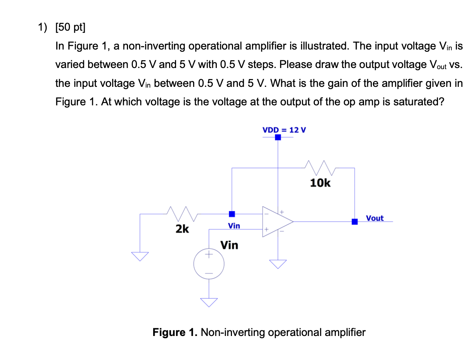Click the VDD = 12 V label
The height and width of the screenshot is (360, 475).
pos(284,130)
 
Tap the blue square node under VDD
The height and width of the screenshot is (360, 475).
pos(278,137)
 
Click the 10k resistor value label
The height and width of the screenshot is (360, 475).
pos(320,183)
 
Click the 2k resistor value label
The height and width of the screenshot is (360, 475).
pos(182,229)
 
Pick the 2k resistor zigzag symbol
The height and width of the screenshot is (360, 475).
pos(182,213)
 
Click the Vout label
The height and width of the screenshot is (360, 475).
pos(374,218)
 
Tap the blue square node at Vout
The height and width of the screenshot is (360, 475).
pos(354,222)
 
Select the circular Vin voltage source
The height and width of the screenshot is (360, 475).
pos(209,264)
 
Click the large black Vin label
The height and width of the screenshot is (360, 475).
pos(229,245)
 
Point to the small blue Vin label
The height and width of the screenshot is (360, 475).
pos(234,225)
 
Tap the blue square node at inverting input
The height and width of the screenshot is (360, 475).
pos(232,214)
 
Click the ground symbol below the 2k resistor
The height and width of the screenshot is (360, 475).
pos(140,256)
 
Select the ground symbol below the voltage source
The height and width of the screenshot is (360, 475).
pos(209,302)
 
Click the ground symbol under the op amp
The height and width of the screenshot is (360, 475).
pos(278,263)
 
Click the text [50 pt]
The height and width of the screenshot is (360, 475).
pos(70,27)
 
